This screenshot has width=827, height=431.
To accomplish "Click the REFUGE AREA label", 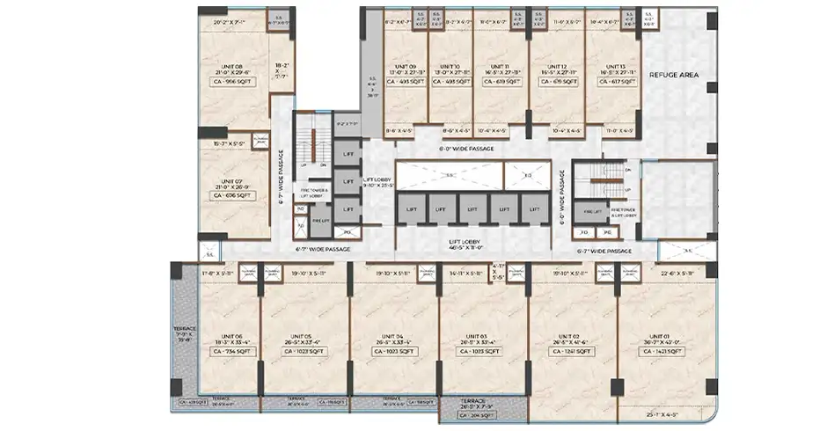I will point(673,76).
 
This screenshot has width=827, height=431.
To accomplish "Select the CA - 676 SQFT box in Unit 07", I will point(232,195).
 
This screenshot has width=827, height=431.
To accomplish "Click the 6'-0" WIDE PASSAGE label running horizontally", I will point(465,149).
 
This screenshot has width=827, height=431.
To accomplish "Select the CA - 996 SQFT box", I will point(232,81).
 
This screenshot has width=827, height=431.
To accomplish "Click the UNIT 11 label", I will point(498,67).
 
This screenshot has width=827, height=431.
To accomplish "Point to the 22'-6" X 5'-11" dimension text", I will point(675,273).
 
